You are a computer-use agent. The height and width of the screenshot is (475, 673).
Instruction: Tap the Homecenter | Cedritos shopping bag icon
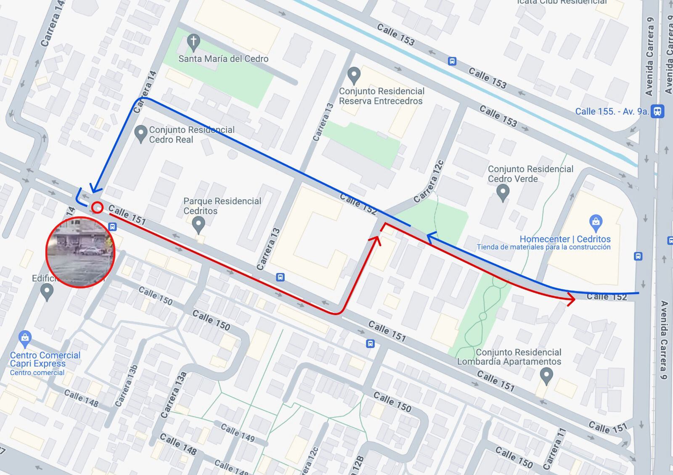596,223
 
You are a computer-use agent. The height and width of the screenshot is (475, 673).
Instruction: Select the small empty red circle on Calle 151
97,207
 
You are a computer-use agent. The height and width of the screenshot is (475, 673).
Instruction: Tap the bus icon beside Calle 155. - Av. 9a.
657,111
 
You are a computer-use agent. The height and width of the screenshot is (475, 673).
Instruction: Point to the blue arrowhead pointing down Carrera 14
95,190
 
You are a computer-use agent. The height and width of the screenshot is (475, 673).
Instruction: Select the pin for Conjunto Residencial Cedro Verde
502,193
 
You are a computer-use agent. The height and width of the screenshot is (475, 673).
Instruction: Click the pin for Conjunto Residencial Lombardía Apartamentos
546,375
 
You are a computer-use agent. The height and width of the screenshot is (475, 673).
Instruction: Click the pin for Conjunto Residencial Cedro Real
140,134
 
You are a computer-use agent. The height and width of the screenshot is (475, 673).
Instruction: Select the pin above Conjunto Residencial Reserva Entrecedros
354,75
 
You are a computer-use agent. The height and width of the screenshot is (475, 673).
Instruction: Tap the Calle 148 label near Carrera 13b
81,398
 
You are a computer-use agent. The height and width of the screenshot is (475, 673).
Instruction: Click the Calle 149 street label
238,433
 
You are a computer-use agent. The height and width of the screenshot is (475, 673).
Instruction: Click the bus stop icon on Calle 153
452,61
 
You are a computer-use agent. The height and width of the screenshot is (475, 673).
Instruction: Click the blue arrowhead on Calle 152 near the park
431,238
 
